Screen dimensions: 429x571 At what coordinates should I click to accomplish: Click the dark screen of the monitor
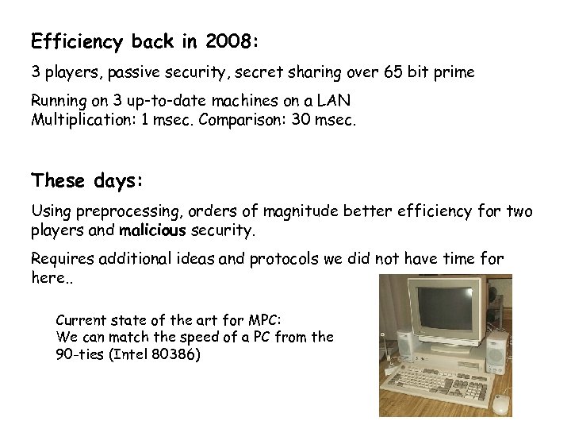pyautogui.click(x=443, y=309)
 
